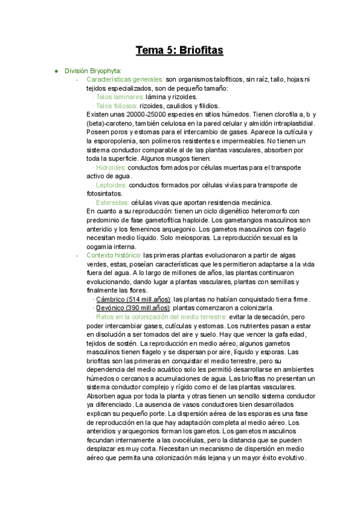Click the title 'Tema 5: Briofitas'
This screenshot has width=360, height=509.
pos(179,50)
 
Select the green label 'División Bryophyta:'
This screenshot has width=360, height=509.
pos(93,71)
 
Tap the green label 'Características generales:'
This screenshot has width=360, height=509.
pos(125,79)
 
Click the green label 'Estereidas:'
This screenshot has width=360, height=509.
pos(112,202)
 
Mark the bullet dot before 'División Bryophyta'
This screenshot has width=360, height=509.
pos(56,71)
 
